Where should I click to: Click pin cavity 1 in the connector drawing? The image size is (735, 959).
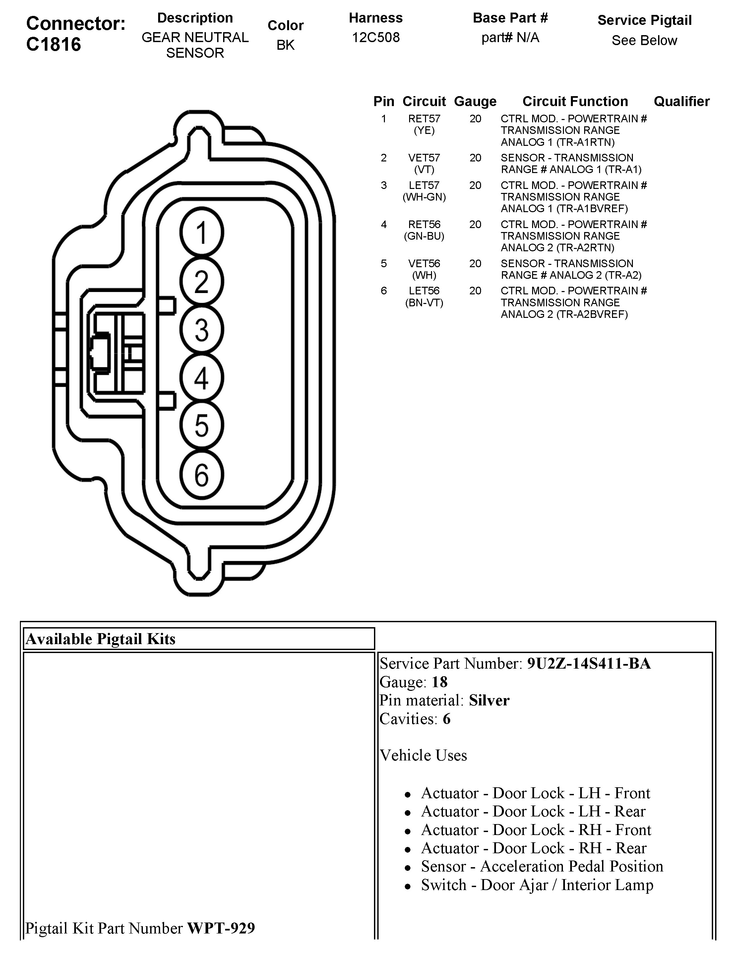tap(202, 233)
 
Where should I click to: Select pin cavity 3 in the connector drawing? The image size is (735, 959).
tap(202, 330)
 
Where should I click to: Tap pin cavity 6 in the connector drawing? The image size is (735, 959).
tap(202, 475)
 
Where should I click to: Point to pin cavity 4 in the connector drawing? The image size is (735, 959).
tap(202, 378)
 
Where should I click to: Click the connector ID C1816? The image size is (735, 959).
tap(53, 44)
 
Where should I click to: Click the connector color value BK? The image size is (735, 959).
tap(285, 45)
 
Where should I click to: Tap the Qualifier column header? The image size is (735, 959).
tap(681, 101)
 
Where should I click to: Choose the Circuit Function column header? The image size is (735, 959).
tap(575, 101)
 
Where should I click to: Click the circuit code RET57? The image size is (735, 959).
tap(424, 119)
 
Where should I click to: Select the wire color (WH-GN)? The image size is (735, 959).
tap(424, 197)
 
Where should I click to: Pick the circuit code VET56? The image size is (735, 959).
tap(424, 264)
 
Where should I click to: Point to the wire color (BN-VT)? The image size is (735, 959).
tap(424, 303)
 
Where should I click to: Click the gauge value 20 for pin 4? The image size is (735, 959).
tap(475, 225)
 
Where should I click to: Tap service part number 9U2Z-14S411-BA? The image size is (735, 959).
tap(588, 664)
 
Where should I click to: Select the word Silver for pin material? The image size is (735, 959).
tap(489, 700)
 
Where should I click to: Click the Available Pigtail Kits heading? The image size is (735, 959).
tap(101, 639)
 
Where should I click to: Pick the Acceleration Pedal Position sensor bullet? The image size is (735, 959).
tap(542, 866)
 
